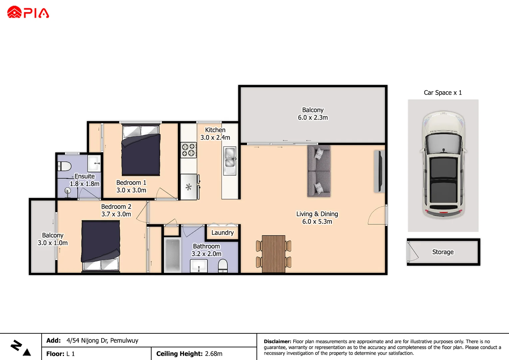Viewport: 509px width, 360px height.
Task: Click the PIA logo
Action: [x=28, y=12]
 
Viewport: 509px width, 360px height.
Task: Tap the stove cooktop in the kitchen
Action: [x=189, y=150]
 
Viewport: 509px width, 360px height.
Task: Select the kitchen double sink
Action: [x=230, y=157]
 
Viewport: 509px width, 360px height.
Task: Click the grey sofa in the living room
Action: [x=319, y=171]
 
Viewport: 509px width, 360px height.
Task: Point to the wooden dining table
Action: [x=273, y=254]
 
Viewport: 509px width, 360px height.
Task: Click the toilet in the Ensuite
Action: [x=64, y=166]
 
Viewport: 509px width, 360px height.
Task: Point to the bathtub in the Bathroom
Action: [x=173, y=255]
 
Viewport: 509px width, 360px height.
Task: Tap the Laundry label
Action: [x=223, y=233]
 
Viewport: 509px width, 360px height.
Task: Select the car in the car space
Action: [x=443, y=165]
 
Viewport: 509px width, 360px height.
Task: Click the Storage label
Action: [x=443, y=252]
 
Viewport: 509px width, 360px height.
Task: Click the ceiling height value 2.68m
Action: [x=214, y=354]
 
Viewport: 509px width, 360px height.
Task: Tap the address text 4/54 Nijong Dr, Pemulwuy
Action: [x=102, y=340]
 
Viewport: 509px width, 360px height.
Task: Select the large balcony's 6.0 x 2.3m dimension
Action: [x=313, y=118]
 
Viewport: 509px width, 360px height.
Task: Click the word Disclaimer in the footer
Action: [x=277, y=341]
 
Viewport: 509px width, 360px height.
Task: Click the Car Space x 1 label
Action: [x=443, y=93]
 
